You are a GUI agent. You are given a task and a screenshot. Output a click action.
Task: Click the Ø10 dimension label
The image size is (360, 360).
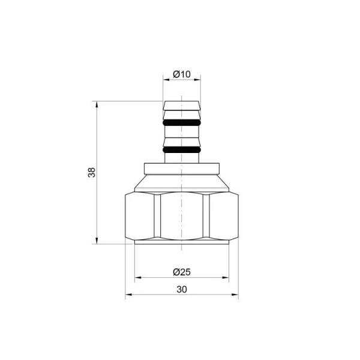pyautogui.click(x=181, y=74)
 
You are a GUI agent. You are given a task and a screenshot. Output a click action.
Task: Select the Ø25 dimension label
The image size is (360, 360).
pyautogui.click(x=181, y=272)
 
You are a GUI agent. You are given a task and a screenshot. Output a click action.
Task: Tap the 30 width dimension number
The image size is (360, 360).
pyautogui.click(x=182, y=289)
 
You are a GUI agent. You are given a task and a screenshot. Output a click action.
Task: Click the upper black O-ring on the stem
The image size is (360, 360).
pyautogui.click(x=182, y=123)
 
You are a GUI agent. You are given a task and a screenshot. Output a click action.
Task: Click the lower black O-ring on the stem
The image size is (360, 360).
pyautogui.click(x=182, y=148)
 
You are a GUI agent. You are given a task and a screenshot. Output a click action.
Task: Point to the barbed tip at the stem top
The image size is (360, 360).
pyautogui.click(x=182, y=106)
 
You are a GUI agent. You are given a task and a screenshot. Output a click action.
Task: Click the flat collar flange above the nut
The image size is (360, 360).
pyautogui.click(x=182, y=169)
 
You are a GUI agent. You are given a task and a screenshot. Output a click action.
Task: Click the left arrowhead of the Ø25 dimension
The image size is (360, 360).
pyautogui.click(x=137, y=278)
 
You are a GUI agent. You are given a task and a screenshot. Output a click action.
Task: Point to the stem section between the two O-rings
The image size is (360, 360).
pyautogui.click(x=182, y=136)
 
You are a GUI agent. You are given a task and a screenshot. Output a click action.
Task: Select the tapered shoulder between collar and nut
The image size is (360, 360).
pyautogui.click(x=182, y=183)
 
